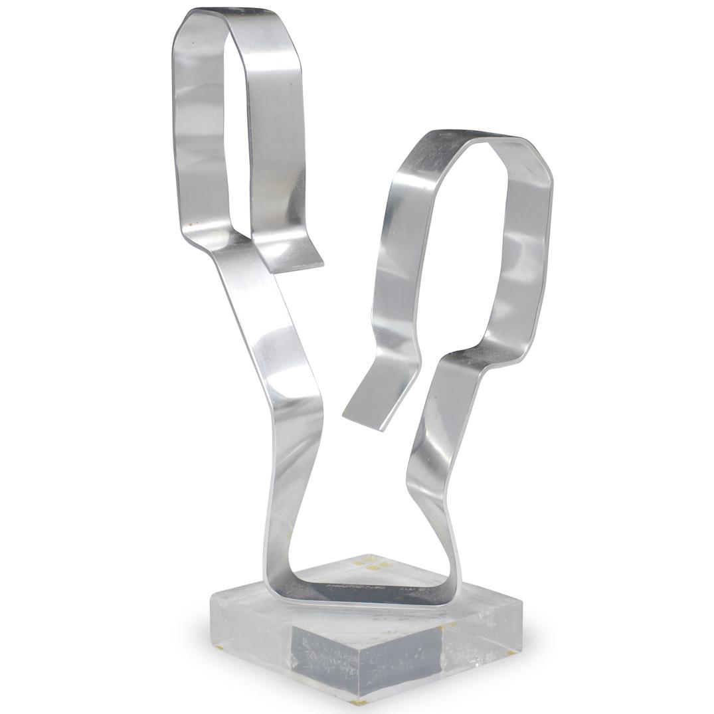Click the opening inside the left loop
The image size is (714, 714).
click(223, 133)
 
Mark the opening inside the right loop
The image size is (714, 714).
click(465, 252)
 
